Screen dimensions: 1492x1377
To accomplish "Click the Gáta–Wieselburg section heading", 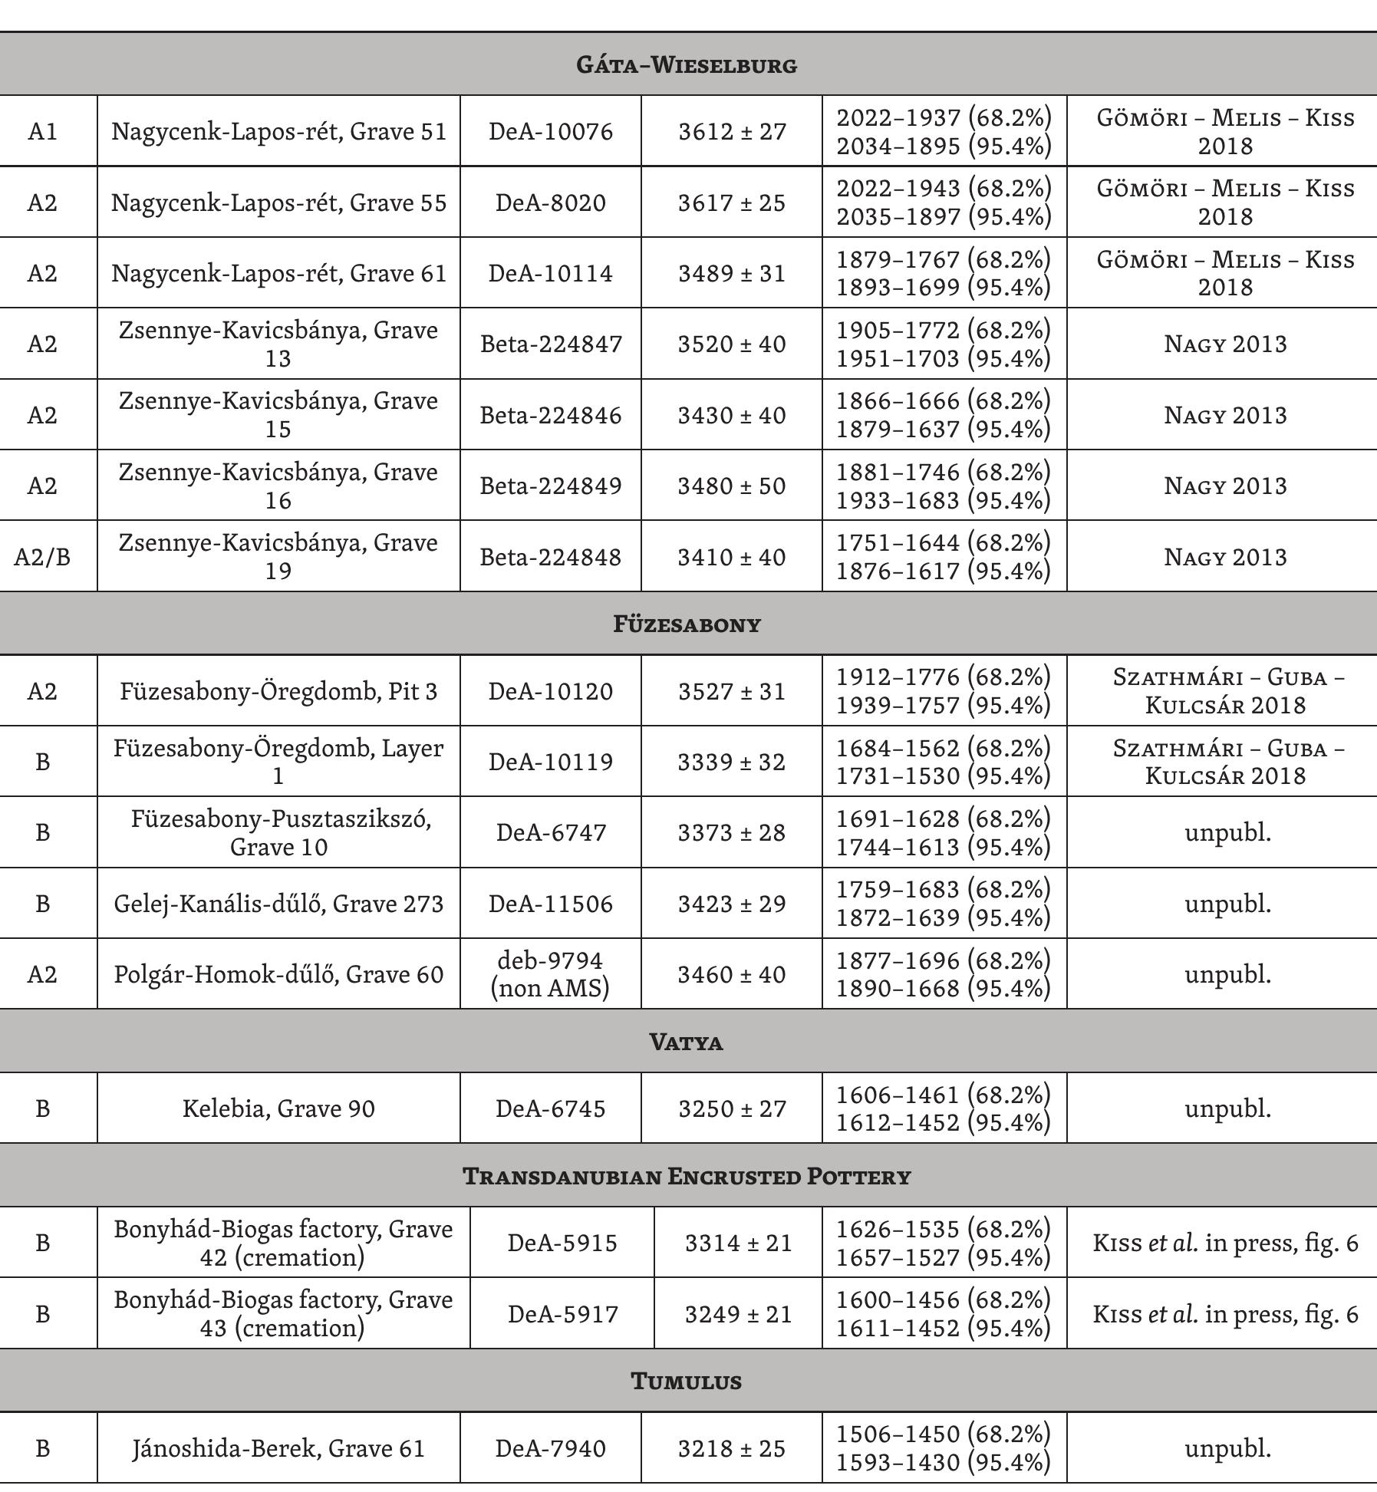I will click(x=687, y=64).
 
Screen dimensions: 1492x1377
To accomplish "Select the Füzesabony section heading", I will click(x=687, y=624).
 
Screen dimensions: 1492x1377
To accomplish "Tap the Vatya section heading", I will click(x=687, y=1042).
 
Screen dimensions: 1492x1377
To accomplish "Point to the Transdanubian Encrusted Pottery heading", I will click(x=687, y=1176).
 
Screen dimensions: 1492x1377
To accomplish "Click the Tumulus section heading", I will click(x=687, y=1381).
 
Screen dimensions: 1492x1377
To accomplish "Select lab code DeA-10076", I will click(x=551, y=131).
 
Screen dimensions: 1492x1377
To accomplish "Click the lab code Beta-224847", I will click(x=551, y=344).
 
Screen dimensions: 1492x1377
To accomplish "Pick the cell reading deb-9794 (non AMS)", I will click(x=551, y=973).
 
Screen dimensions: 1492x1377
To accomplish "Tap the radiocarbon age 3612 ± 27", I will click(x=732, y=131).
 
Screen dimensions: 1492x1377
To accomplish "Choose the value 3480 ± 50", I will click(x=732, y=486).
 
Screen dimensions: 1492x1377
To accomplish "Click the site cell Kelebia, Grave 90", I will click(x=278, y=1108).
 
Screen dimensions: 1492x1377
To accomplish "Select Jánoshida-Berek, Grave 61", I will click(x=278, y=1448).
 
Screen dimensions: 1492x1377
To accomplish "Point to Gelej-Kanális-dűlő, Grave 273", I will click(x=278, y=904).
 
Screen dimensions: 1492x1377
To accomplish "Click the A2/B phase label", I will click(x=42, y=556).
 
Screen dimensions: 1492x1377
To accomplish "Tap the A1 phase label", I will click(x=42, y=131).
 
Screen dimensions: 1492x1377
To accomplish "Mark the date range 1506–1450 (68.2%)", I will click(x=943, y=1434).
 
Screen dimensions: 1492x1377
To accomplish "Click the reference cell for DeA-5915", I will click(x=1225, y=1243).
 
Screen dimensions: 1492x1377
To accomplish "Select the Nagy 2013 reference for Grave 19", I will click(x=1225, y=556).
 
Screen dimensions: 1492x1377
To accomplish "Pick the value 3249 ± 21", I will click(x=738, y=1314).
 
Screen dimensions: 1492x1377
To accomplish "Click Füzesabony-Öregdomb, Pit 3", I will click(x=278, y=691).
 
